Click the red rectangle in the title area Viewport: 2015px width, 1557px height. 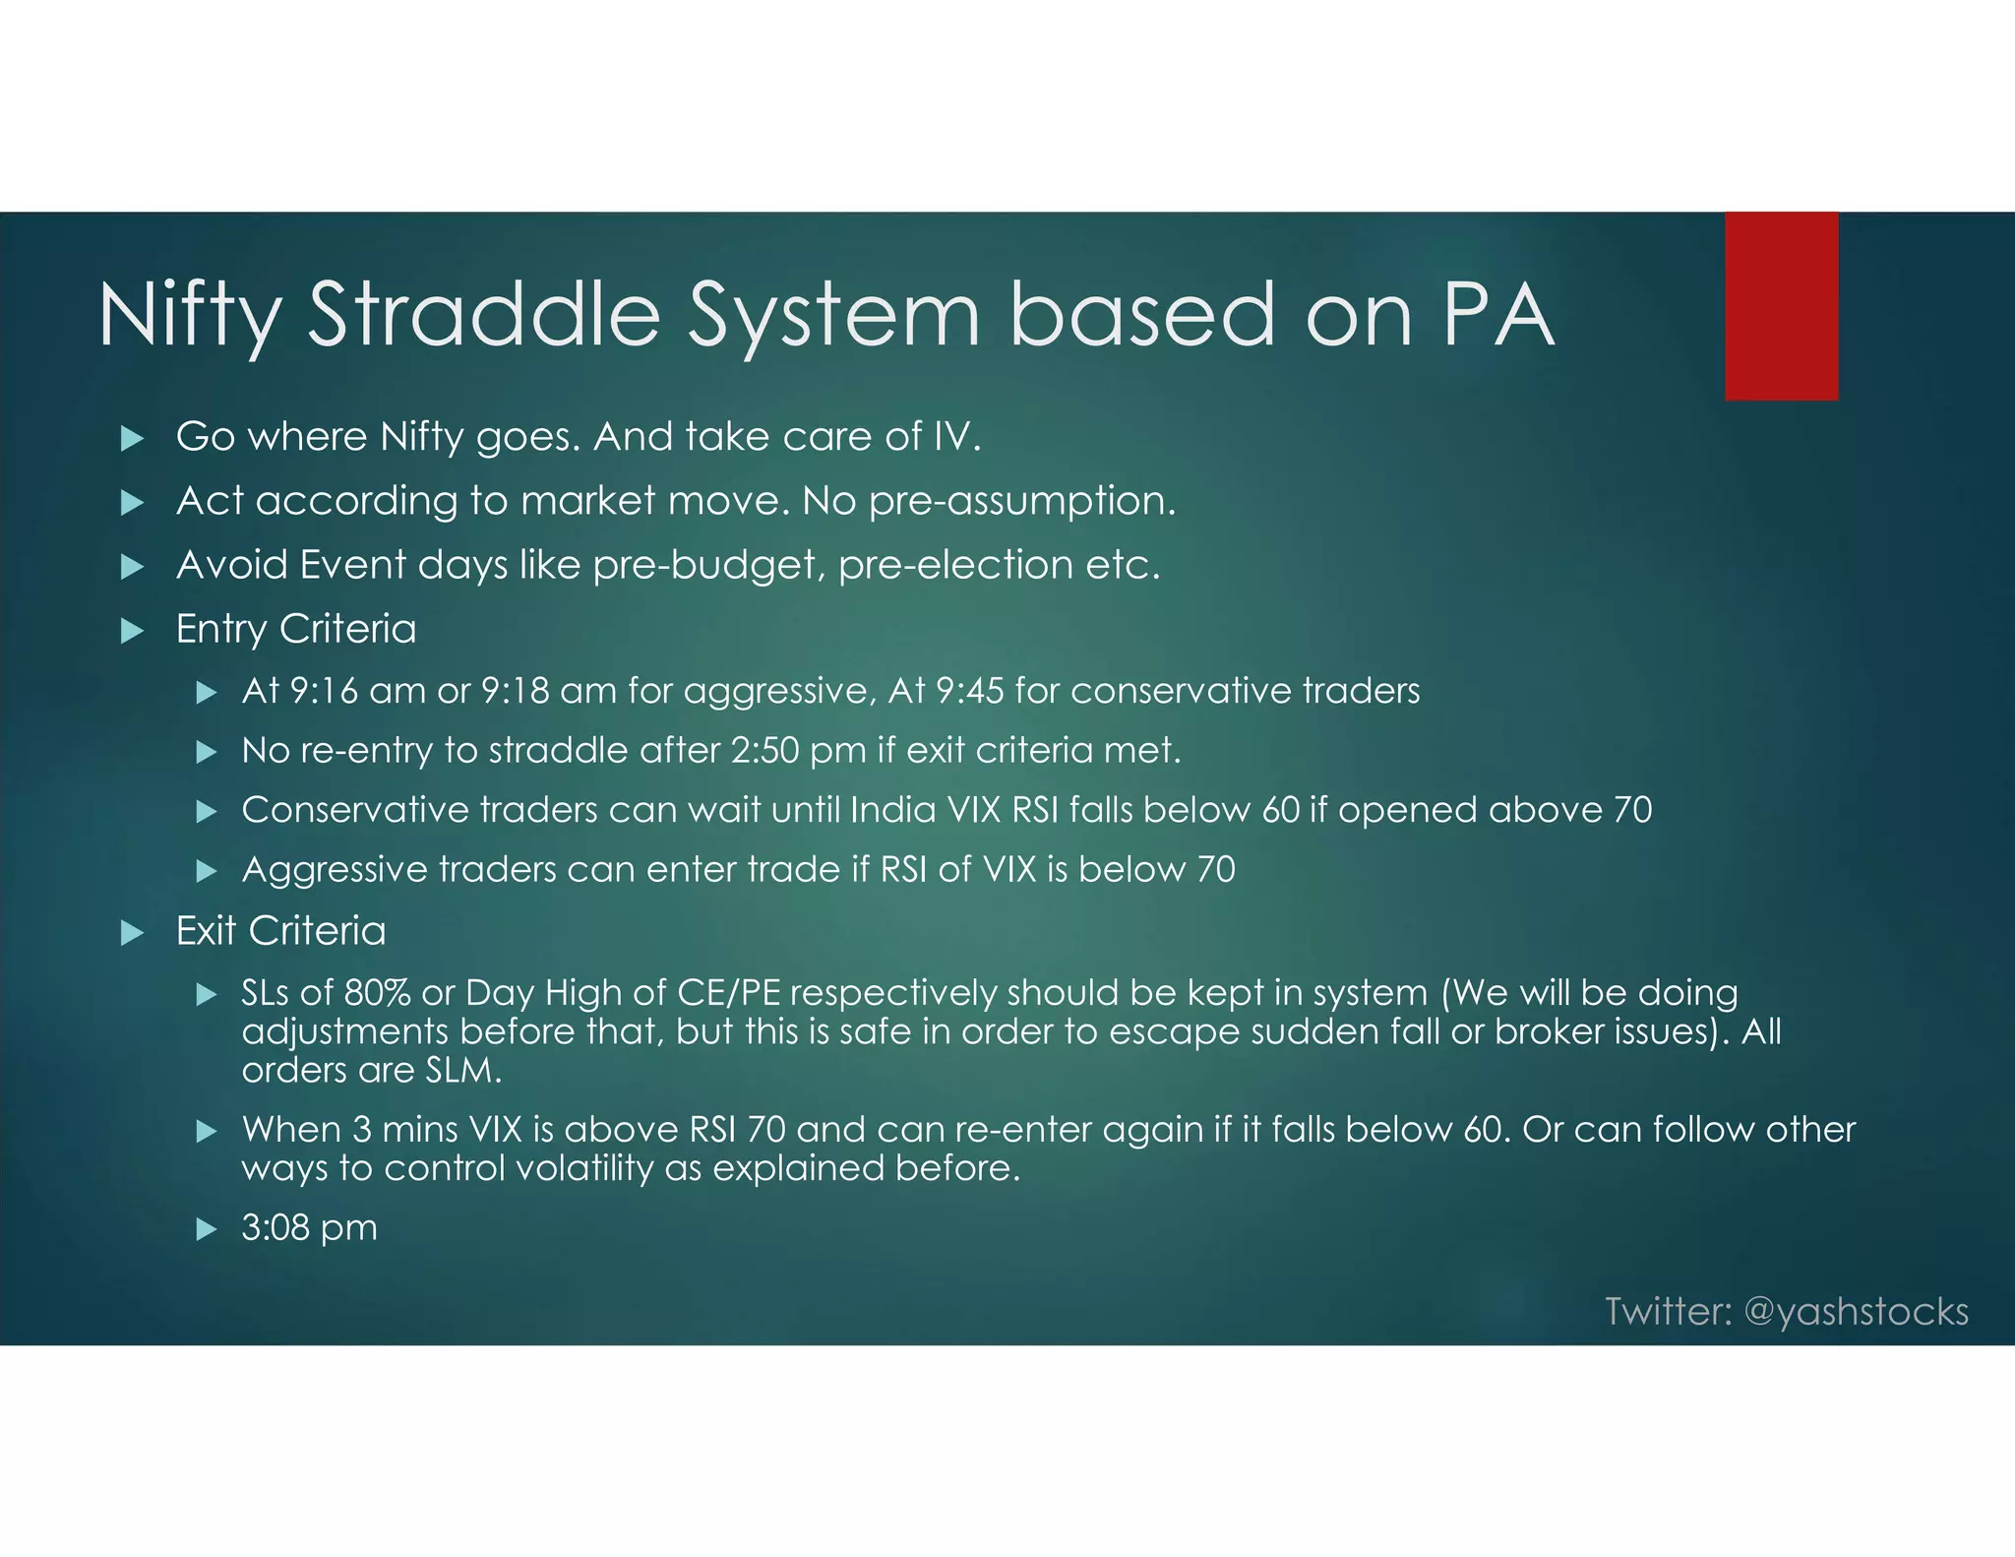tap(1781, 306)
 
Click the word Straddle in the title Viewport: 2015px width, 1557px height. tap(484, 315)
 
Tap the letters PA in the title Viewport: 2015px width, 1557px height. tap(1497, 315)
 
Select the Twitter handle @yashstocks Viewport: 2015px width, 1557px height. tap(1856, 1312)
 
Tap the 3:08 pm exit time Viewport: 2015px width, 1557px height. tap(309, 1227)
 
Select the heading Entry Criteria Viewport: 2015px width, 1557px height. tap(296, 629)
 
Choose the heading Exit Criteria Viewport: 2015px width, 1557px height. tap(280, 931)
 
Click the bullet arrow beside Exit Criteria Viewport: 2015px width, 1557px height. tap(132, 933)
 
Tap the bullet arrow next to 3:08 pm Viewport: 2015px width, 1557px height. tap(206, 1229)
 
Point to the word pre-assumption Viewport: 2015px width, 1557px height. tap(1021, 501)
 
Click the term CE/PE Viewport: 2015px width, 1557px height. tap(728, 992)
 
